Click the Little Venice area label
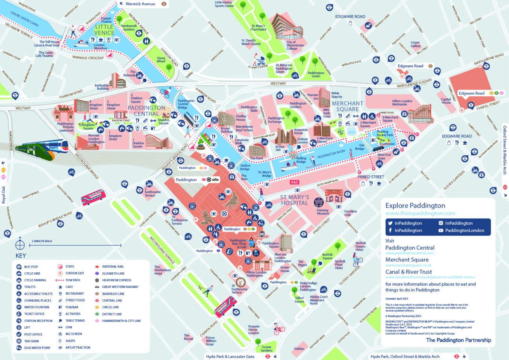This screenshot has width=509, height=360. [x=104, y=30]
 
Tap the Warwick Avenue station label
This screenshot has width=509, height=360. [x=140, y=4]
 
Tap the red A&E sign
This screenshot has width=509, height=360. [x=294, y=182]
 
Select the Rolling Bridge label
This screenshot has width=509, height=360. [x=301, y=160]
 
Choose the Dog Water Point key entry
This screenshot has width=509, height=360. [x=37, y=347]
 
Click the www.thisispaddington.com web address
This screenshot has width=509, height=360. [x=420, y=213]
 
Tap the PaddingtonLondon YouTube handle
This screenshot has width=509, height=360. [x=464, y=230]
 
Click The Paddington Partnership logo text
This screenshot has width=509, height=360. [x=458, y=340]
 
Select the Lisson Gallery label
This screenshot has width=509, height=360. [x=415, y=44]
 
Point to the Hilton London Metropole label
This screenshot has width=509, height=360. [x=403, y=103]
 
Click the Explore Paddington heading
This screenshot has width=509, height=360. [x=415, y=205]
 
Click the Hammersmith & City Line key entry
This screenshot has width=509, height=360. [x=121, y=321]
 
